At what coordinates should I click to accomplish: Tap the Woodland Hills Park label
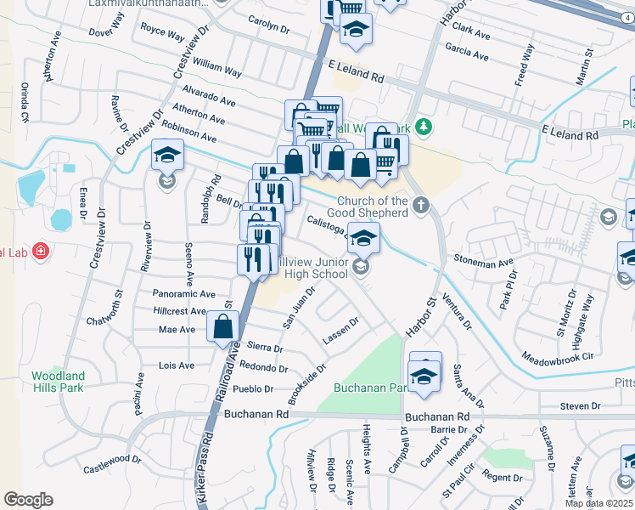(58, 381)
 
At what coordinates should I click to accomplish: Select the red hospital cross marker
(40, 252)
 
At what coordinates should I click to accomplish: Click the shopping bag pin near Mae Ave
(222, 326)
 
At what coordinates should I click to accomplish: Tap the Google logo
(28, 500)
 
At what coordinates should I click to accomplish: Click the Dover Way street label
(106, 32)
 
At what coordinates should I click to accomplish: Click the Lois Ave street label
(177, 365)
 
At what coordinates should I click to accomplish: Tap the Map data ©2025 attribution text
(598, 503)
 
